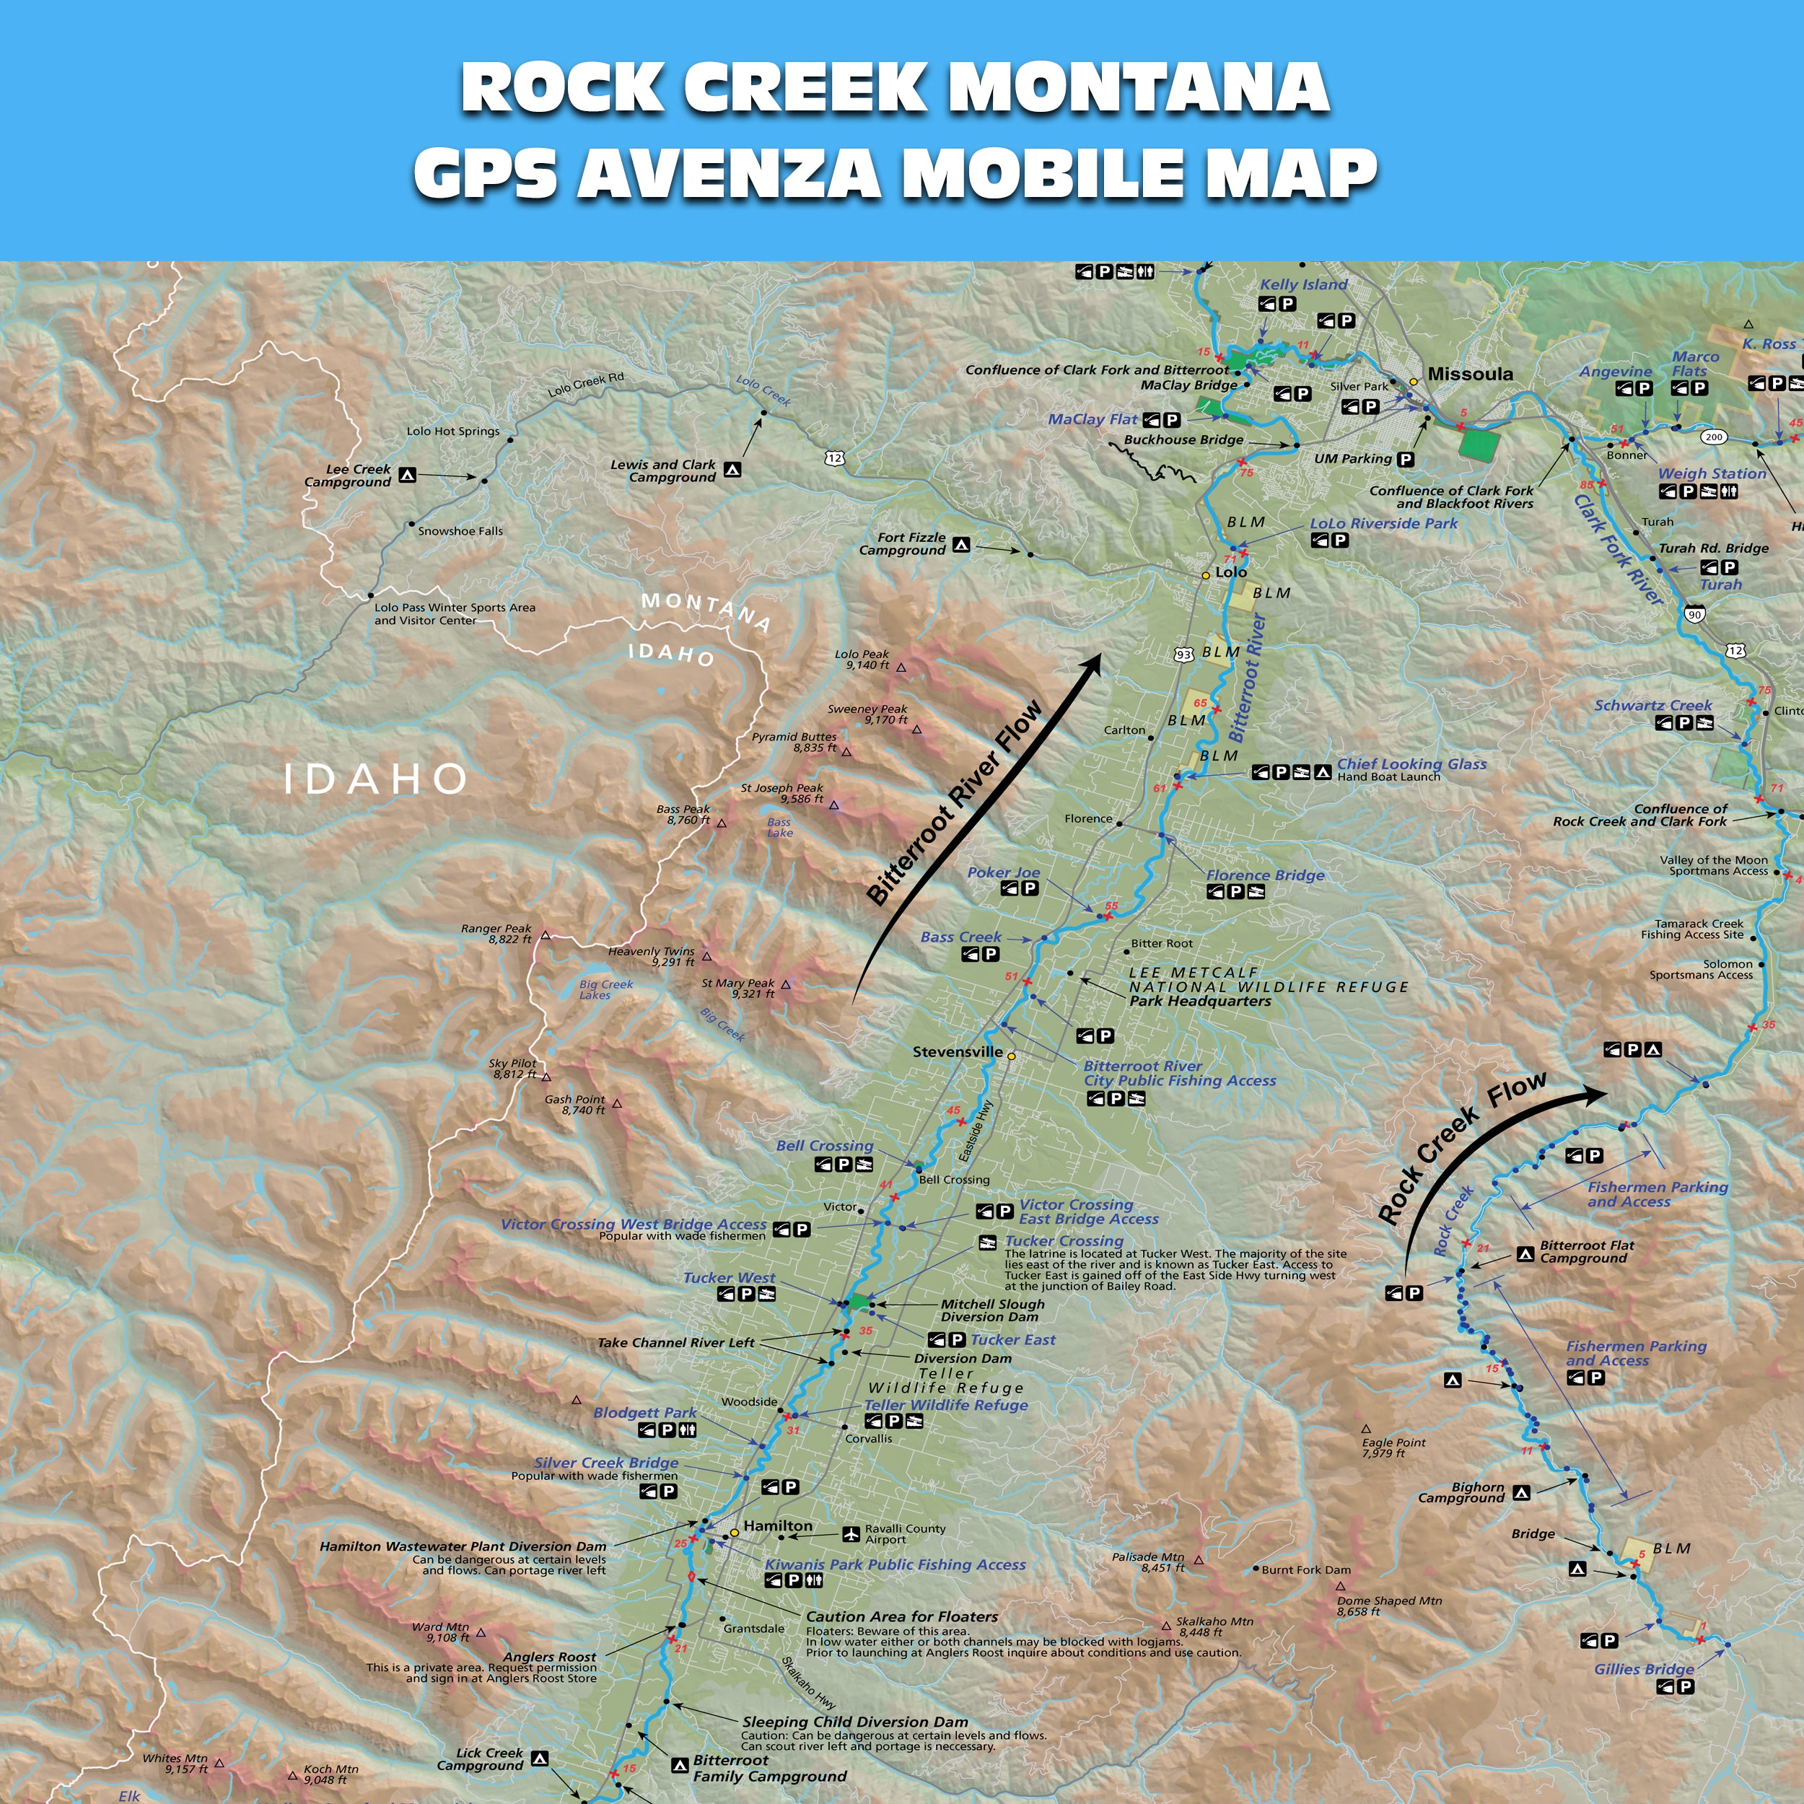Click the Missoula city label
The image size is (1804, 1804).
(1470, 375)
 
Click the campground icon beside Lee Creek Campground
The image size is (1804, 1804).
(407, 476)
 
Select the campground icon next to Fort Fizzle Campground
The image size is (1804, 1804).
(961, 544)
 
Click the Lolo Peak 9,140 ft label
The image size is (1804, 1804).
(861, 660)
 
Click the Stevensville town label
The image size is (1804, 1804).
(957, 1051)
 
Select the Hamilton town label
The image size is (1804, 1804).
(777, 1525)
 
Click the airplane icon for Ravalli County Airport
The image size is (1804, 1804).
(851, 1534)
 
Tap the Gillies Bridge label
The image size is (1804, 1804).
(1643, 1670)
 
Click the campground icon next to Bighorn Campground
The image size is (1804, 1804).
(1521, 1493)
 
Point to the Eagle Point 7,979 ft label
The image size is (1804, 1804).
(1393, 1448)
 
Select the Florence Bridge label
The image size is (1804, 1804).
(1264, 875)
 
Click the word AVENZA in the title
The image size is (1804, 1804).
(728, 172)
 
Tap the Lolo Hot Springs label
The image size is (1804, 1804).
(453, 432)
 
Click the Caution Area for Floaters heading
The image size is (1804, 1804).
(901, 1616)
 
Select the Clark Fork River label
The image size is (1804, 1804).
(1617, 549)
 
